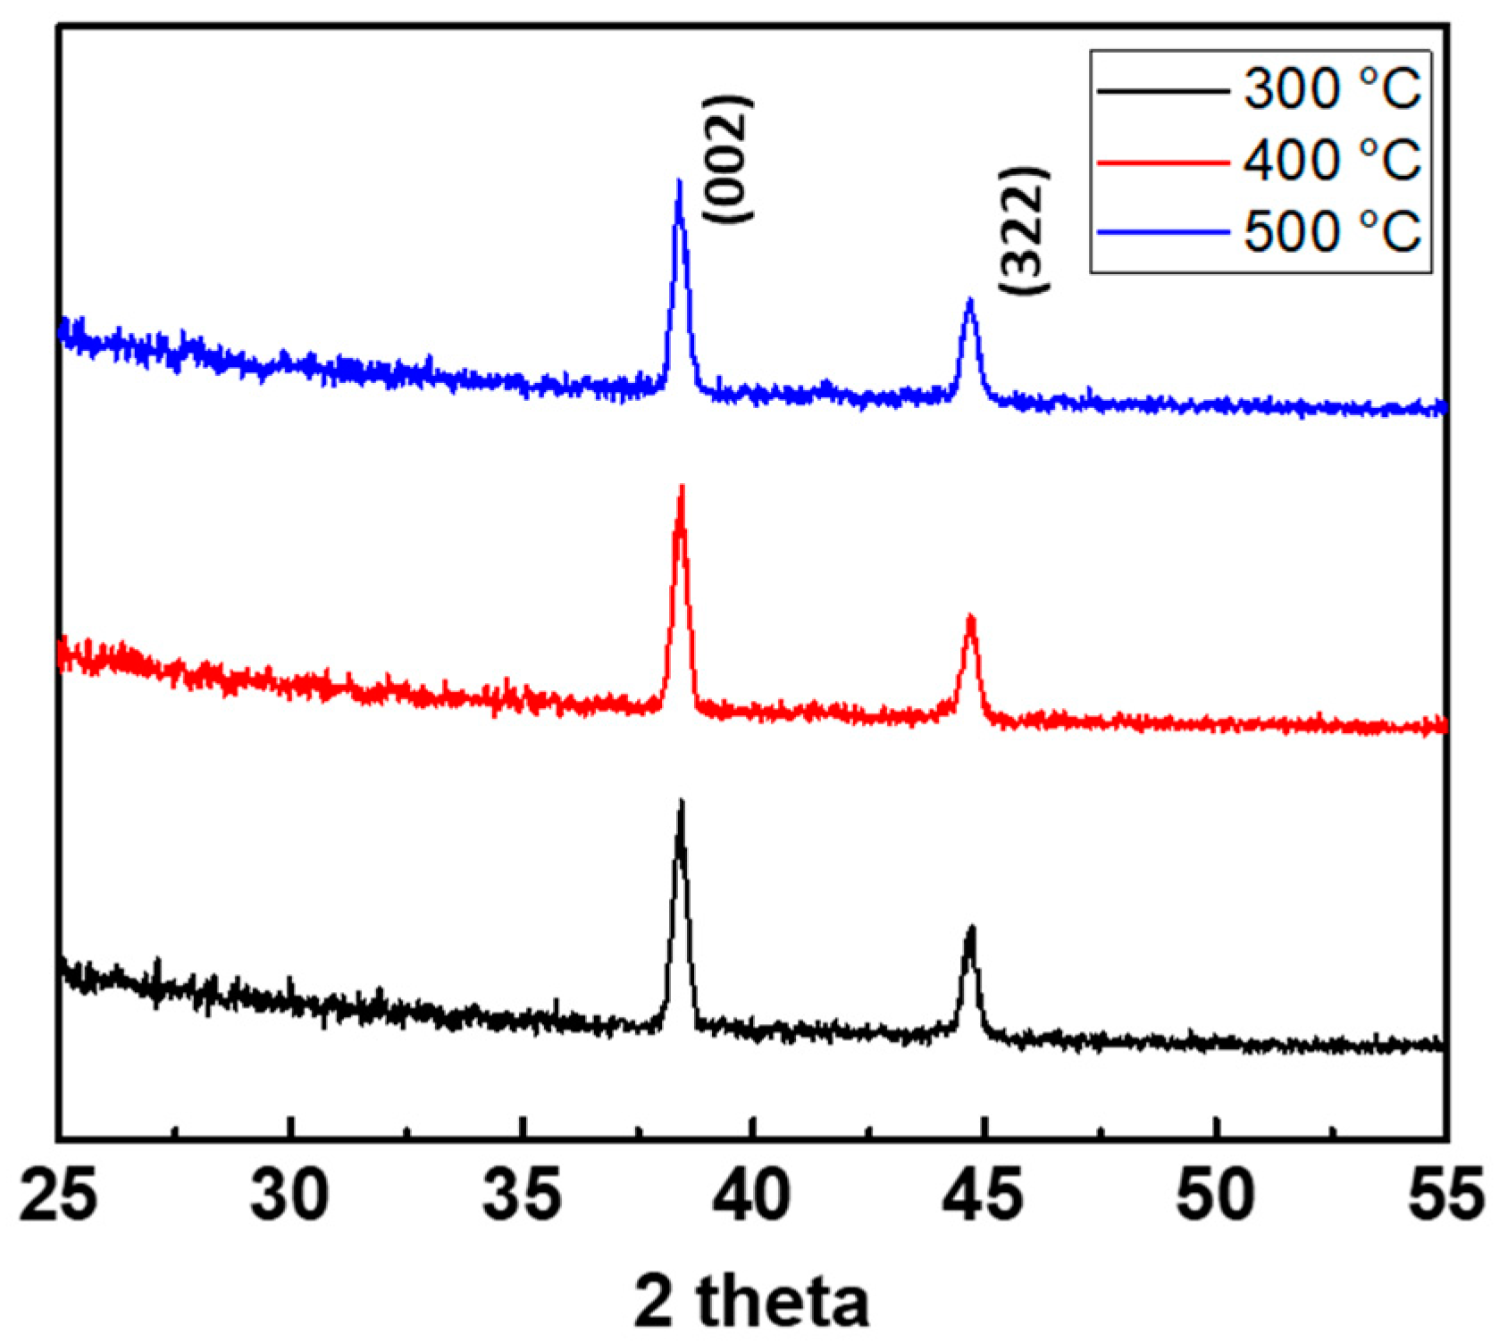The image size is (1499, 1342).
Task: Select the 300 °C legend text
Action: [x=1331, y=89]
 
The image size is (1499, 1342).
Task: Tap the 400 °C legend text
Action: [x=1331, y=161]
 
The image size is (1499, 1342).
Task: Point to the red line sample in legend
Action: [x=1163, y=163]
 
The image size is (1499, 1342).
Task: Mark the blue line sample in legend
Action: [x=1163, y=233]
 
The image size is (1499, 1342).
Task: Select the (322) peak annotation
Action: [x=1025, y=230]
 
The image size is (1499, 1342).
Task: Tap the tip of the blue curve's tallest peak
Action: [x=679, y=181]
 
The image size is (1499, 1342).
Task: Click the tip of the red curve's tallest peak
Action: [x=682, y=488]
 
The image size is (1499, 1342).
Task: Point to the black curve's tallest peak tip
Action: [x=681, y=802]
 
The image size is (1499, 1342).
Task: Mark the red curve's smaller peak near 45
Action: [x=970, y=617]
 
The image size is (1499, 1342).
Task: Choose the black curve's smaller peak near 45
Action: [x=971, y=929]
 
